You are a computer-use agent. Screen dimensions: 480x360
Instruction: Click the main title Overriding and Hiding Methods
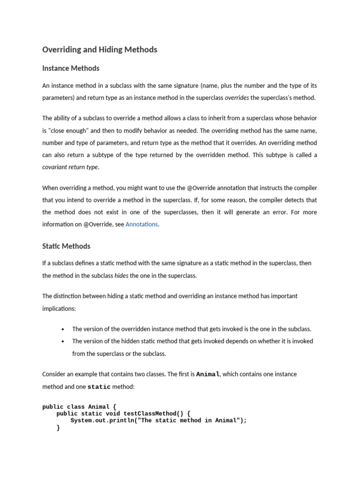click(99, 50)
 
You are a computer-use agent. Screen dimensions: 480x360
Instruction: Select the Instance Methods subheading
click(71, 68)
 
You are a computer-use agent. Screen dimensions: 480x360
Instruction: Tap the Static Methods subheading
click(66, 246)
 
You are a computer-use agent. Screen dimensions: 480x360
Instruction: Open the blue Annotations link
click(142, 225)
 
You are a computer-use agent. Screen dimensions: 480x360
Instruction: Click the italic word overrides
click(237, 98)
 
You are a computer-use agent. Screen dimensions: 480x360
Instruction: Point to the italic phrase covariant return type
click(70, 167)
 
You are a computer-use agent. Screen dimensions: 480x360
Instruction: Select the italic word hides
click(121, 276)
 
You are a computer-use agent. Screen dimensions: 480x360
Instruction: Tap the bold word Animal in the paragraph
click(208, 375)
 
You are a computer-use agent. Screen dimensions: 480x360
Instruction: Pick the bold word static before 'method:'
click(99, 387)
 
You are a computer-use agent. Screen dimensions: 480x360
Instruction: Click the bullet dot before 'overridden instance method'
click(63, 329)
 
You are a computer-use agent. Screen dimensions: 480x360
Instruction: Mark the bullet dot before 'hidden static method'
click(63, 342)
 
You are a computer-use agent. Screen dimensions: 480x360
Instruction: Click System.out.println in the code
click(100, 420)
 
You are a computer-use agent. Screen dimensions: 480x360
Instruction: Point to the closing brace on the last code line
click(58, 427)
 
